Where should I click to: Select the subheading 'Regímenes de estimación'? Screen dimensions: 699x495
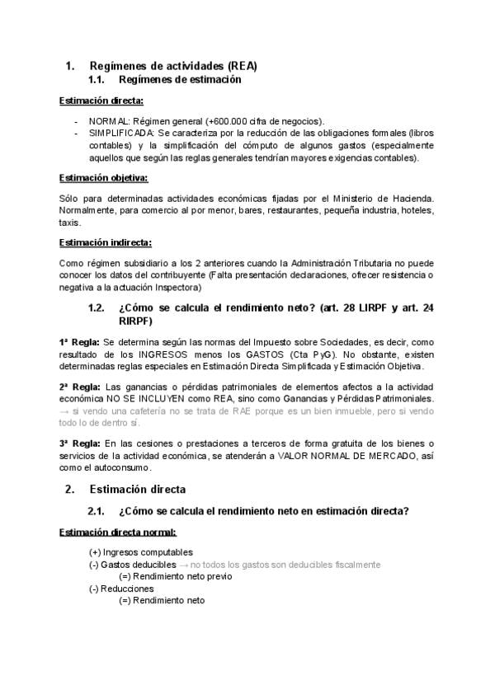coord(180,80)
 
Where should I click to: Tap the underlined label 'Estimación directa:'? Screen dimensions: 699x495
coord(101,101)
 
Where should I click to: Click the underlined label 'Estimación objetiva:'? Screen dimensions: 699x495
coord(104,177)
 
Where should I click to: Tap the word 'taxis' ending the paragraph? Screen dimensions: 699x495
coord(70,222)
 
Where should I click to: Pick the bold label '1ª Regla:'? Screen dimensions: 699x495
coord(80,341)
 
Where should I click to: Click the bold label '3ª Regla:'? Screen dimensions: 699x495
coord(80,443)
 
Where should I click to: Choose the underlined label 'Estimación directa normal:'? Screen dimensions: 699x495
coord(117,532)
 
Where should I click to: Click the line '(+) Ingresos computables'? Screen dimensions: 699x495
coord(141,551)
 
